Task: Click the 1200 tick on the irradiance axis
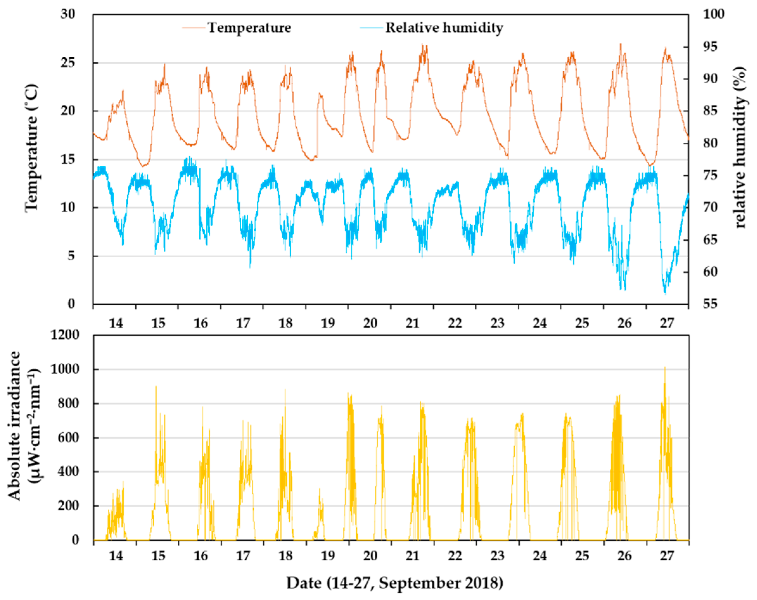65,335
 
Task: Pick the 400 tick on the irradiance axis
68,471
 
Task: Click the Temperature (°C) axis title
31,147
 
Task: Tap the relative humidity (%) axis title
740,147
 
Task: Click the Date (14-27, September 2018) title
394,583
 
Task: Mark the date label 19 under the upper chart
328,323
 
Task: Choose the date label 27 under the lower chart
667,556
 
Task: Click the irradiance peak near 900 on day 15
156,387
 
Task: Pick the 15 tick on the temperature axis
68,160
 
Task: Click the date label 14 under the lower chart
116,556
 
